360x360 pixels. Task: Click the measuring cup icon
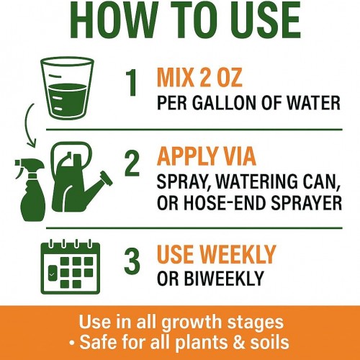(x=67, y=88)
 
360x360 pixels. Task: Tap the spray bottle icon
(x=30, y=189)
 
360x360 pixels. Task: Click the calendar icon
(x=71, y=266)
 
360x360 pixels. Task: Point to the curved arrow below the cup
(x=27, y=125)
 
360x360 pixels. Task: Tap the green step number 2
(x=132, y=163)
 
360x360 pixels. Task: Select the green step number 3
(x=132, y=261)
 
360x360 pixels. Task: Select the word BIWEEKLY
(x=225, y=278)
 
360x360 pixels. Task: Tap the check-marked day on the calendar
(x=53, y=274)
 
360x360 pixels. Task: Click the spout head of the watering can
(x=107, y=179)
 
